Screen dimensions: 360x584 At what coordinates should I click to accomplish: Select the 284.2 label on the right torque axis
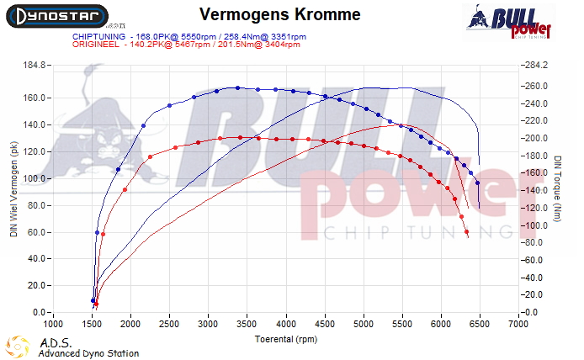pos(535,65)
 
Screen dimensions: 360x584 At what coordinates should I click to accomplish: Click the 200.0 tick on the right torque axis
pos(535,138)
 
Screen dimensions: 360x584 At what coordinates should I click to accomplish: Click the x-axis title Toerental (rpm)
pos(286,340)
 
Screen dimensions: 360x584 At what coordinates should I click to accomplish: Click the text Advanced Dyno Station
pos(88,353)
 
